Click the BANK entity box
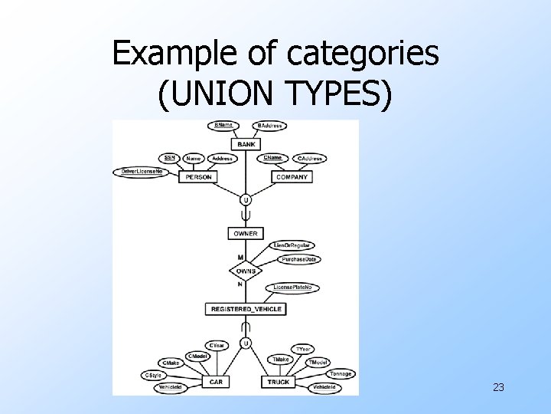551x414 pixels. coord(246,144)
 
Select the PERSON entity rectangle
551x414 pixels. coord(198,177)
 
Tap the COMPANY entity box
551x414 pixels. coord(292,177)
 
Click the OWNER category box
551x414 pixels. coord(246,233)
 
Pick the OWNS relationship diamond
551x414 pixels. coord(246,271)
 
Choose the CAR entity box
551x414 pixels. coord(216,381)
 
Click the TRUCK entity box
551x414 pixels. coord(279,381)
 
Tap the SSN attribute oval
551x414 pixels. coord(169,158)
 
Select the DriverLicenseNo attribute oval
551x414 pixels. coord(143,171)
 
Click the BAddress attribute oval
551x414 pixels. coord(270,125)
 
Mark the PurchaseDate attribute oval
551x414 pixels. coord(299,259)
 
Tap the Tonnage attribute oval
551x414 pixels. coord(341,374)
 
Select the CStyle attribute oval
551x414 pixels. coord(152,375)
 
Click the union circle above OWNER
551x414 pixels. coord(246,200)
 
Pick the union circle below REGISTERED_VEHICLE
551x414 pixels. coord(246,343)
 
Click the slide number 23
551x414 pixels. coord(498,388)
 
